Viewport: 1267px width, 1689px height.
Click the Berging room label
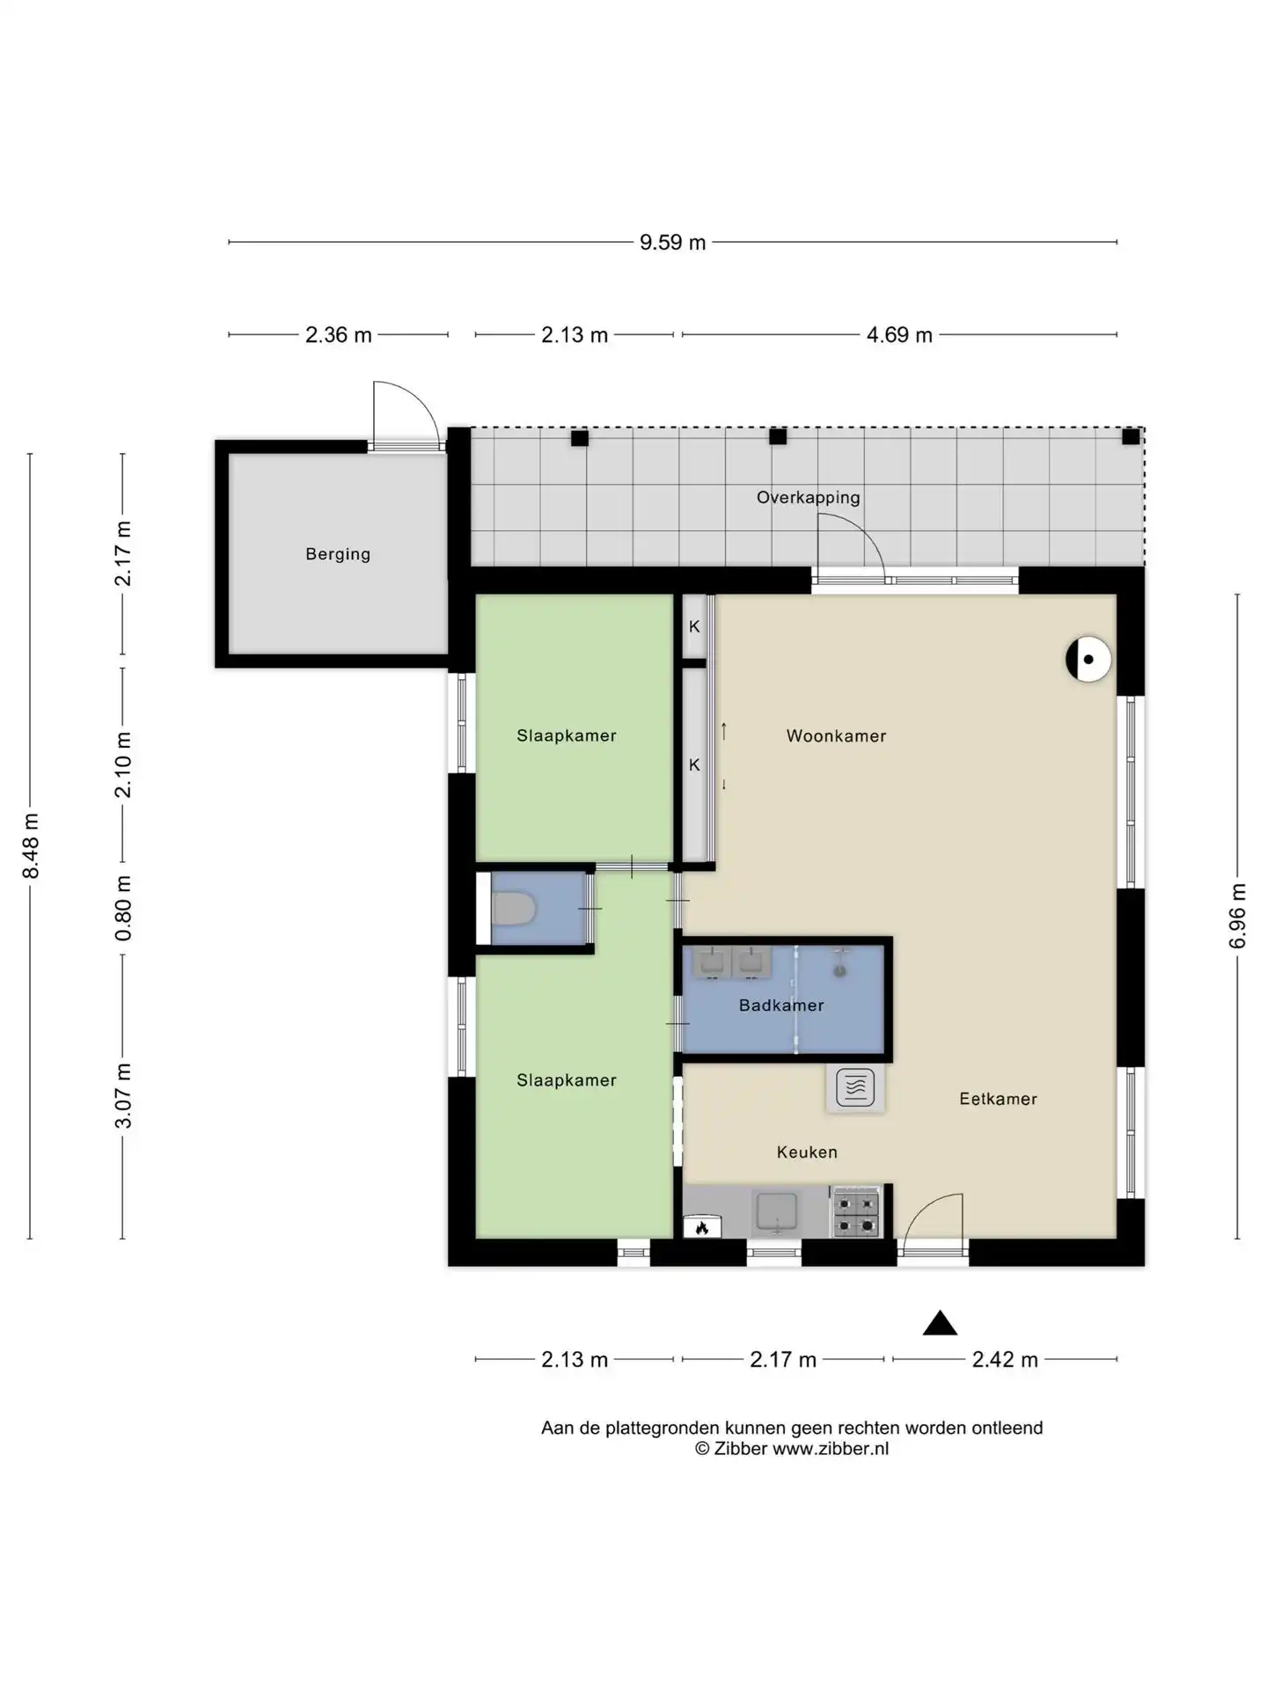pyautogui.click(x=338, y=554)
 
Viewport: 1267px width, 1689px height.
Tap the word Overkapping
pyautogui.click(x=809, y=498)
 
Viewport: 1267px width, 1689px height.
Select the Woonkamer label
pyautogui.click(x=836, y=736)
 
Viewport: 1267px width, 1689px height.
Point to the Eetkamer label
pyautogui.click(x=998, y=1099)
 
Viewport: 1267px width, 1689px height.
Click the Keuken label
pyautogui.click(x=807, y=1152)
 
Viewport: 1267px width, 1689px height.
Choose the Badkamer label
pyautogui.click(x=781, y=1005)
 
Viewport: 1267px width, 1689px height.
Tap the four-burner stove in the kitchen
pyautogui.click(x=856, y=1212)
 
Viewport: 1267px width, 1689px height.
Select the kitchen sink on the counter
pyautogui.click(x=776, y=1212)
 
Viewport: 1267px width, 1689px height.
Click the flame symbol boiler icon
pyautogui.click(x=702, y=1227)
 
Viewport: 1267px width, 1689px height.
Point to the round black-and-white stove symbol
pyautogui.click(x=1088, y=659)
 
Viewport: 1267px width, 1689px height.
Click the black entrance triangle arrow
pyautogui.click(x=940, y=1323)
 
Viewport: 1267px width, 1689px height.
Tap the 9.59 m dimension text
pyautogui.click(x=672, y=243)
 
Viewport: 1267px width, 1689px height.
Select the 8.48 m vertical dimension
pyautogui.click(x=31, y=845)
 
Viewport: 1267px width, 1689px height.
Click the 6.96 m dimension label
pyautogui.click(x=1237, y=916)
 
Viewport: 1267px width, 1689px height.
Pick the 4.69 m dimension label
pyautogui.click(x=899, y=335)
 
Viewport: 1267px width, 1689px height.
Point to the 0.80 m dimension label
pyautogui.click(x=123, y=908)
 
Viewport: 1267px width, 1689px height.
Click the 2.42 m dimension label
pyautogui.click(x=1005, y=1360)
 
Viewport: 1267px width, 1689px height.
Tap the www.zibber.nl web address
pyautogui.click(x=831, y=1449)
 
